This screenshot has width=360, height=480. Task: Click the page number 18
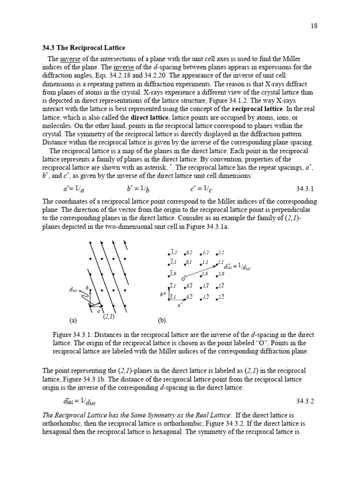coord(314,26)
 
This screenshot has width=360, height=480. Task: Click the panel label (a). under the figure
coord(73,321)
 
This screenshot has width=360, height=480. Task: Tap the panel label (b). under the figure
coord(162,321)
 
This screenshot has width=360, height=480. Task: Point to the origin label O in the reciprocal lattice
coord(183,278)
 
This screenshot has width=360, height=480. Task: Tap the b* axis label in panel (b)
coord(163,295)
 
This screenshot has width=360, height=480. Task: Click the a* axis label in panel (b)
coord(180,305)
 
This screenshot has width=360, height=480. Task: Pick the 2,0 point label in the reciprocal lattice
coord(222,274)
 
